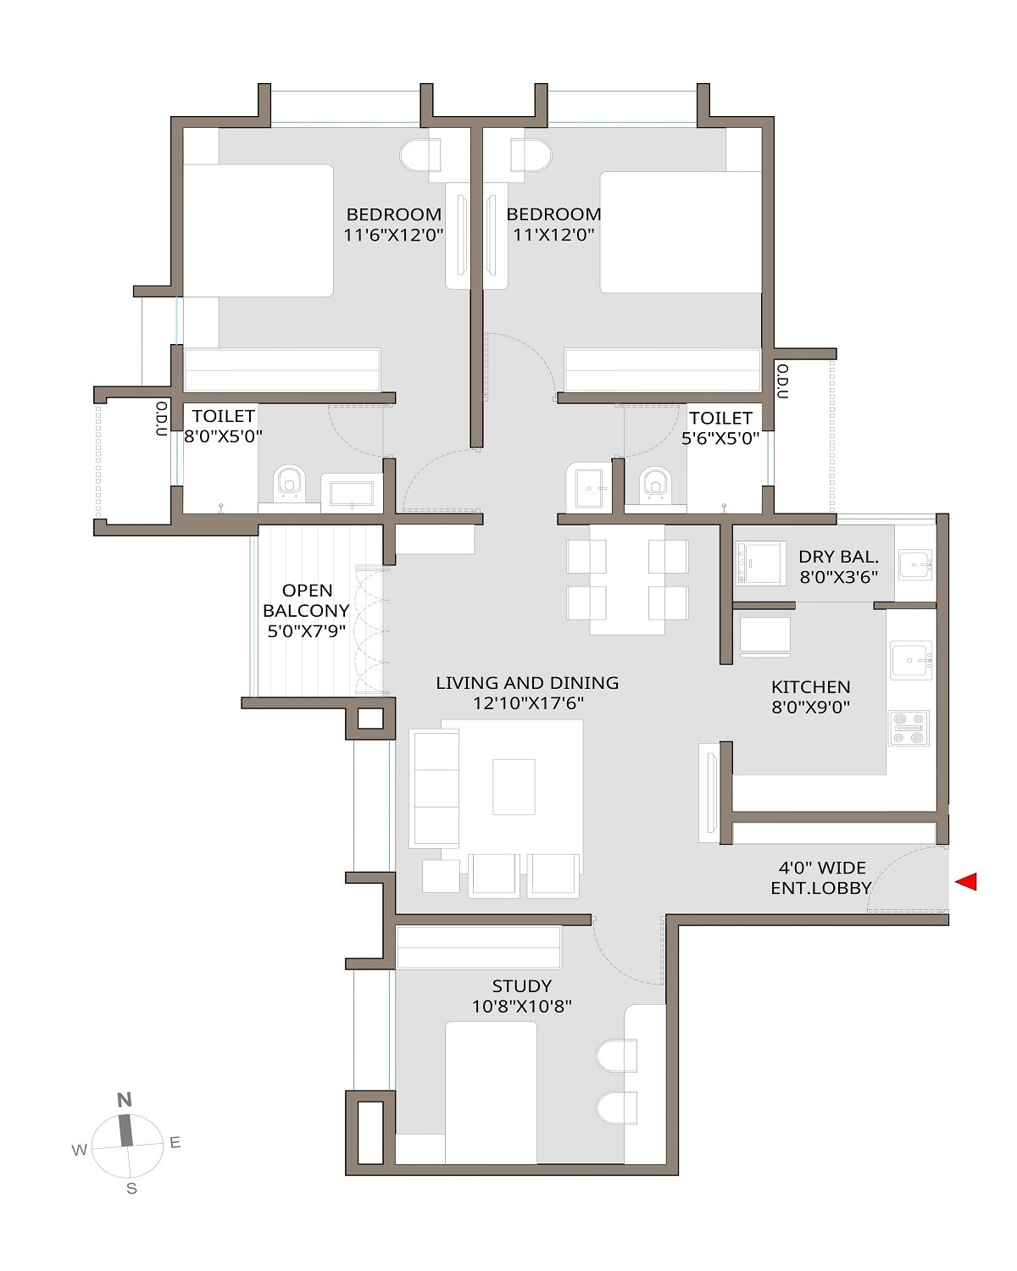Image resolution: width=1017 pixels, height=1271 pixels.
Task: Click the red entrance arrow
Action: [x=966, y=882]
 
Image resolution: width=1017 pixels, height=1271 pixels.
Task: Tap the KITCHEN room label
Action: [x=810, y=687]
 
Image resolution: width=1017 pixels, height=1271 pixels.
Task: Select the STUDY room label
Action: [x=522, y=986]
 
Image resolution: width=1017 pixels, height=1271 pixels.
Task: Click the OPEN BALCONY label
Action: [x=306, y=601]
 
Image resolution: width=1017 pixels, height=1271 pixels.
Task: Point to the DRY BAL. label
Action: [x=838, y=558]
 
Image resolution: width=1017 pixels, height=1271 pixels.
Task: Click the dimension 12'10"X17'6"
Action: [x=527, y=703]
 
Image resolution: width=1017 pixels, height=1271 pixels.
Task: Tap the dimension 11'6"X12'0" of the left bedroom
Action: [x=394, y=236]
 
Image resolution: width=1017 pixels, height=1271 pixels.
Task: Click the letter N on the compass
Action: [x=125, y=1101]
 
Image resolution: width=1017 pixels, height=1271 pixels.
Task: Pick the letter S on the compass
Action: [x=131, y=1189]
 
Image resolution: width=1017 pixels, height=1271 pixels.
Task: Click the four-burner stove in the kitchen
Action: [x=909, y=729]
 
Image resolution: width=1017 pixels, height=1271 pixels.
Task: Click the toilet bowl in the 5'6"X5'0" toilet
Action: [x=654, y=481]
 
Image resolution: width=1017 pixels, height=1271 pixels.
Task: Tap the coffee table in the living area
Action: [x=514, y=786]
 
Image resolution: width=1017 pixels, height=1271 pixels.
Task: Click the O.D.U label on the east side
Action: [x=782, y=382]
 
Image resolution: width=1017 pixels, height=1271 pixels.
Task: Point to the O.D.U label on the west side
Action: [x=161, y=419]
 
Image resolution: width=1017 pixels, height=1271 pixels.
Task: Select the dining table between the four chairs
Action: [x=627, y=579]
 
